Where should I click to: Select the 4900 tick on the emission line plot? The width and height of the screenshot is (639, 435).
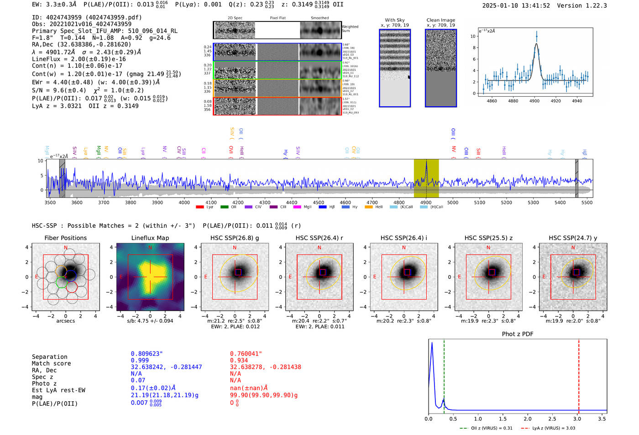(534, 100)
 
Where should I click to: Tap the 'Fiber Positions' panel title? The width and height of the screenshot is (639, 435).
(65, 238)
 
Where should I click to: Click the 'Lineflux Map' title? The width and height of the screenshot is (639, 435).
(150, 238)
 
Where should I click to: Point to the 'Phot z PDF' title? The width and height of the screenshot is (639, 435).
(518, 334)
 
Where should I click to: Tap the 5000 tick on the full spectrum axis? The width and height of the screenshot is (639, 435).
(453, 202)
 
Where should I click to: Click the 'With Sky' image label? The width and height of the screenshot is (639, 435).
(395, 20)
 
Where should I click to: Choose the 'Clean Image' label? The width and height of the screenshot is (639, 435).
(440, 20)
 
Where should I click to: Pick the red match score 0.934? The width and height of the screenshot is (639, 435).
(239, 361)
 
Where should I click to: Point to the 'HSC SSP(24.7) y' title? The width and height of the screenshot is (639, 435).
(573, 238)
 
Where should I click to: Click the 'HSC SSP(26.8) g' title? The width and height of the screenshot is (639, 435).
(235, 238)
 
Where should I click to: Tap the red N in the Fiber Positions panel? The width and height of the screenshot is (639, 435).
(66, 248)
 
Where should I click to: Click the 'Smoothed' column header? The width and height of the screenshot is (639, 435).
(319, 18)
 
